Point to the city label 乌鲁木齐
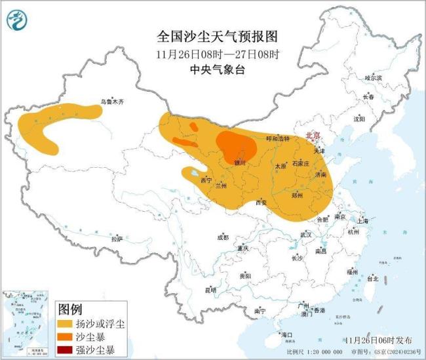pos(111,102)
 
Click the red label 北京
pos(313,136)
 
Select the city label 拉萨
pos(117,239)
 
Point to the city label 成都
pos(223,237)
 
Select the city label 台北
pos(372,279)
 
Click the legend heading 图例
pos(70,308)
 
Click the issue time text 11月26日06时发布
pos(379,340)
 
